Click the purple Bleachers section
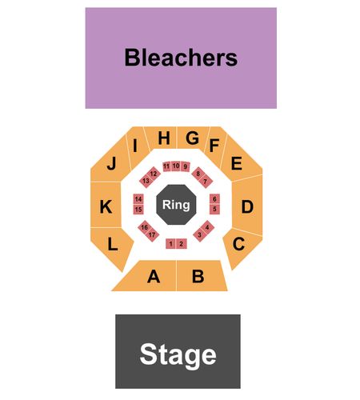181,58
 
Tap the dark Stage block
178,351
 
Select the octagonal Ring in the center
176,205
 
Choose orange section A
150,276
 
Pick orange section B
200,276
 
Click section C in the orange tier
240,246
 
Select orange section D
247,206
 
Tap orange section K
106,206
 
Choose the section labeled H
162,138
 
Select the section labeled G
191,138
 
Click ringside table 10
176,166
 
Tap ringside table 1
171,244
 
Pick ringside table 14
138,199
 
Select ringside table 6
214,199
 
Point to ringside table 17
152,234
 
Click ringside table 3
200,234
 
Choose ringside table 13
146,181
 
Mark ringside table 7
206,182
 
